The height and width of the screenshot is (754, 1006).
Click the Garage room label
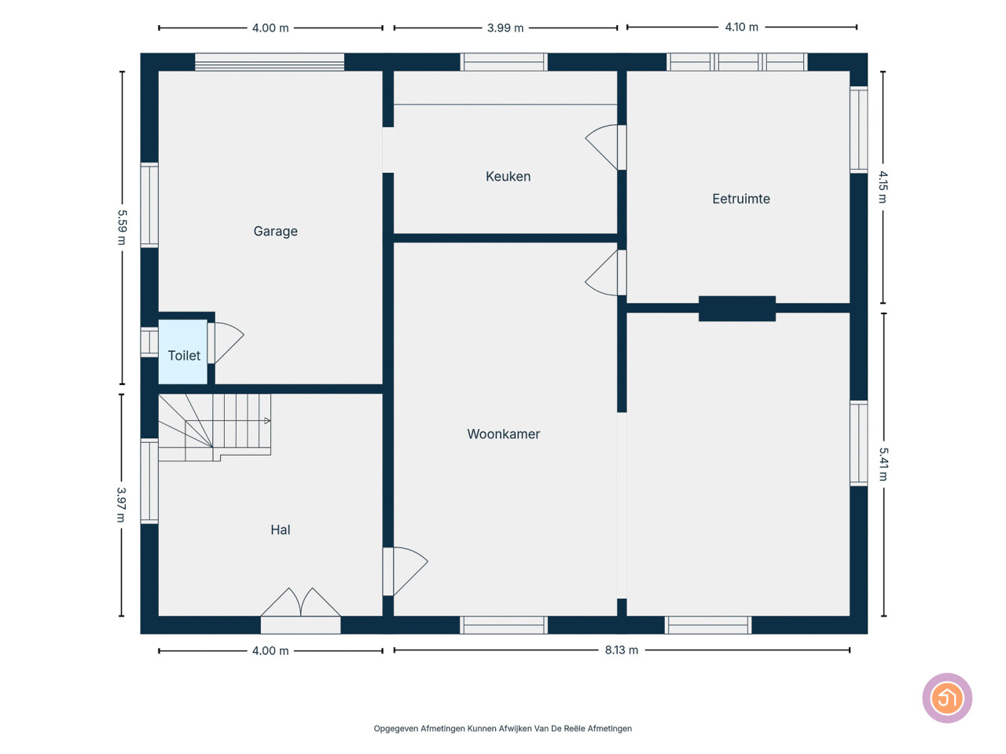[x=275, y=231]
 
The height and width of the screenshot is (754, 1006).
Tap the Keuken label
[x=508, y=176]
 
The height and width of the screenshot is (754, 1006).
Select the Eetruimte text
[x=740, y=199]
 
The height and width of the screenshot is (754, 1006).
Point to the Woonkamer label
[x=503, y=434]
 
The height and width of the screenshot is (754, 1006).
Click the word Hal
[x=280, y=529]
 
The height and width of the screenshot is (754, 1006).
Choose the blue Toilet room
[x=183, y=352]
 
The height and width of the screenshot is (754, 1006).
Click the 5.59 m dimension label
[x=122, y=227]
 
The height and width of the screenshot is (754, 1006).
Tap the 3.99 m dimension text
[x=505, y=28]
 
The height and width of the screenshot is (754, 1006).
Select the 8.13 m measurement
[x=621, y=650]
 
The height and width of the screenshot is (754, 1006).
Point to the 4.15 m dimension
[x=883, y=187]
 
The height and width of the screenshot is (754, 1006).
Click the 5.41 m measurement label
[x=883, y=464]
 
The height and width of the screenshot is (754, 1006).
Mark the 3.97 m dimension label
[x=121, y=504]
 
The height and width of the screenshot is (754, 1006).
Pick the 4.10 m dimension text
[x=741, y=27]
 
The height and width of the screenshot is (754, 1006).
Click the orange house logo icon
[x=947, y=697]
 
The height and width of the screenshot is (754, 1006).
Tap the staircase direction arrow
[x=267, y=421]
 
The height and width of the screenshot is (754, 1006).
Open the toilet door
[x=225, y=343]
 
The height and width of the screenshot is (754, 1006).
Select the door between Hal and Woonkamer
[x=406, y=571]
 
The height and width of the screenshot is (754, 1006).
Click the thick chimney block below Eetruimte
[x=737, y=309]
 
